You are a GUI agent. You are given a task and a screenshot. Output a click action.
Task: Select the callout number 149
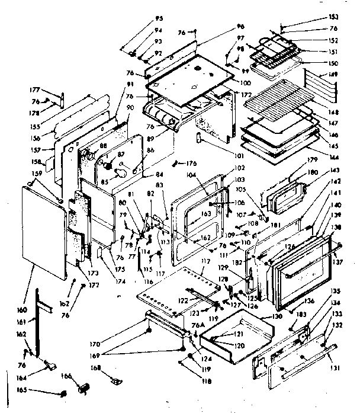pyautogui.click(x=334, y=75)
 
